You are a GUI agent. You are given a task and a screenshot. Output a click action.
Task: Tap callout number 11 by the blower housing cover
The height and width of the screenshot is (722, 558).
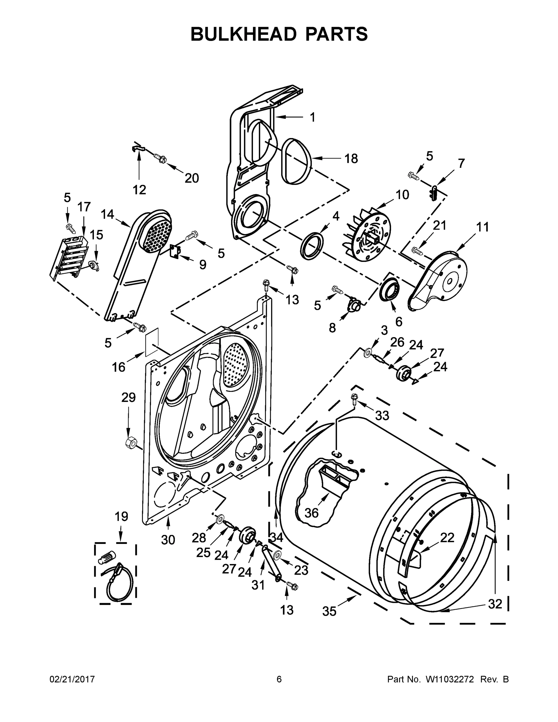pyautogui.click(x=482, y=227)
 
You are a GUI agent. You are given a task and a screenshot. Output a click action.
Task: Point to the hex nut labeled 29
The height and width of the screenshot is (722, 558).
pyautogui.click(x=130, y=442)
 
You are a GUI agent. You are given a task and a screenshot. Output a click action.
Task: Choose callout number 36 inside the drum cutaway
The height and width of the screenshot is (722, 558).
pyautogui.click(x=311, y=513)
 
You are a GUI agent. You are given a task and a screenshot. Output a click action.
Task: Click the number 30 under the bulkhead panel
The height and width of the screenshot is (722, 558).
pyautogui.click(x=168, y=540)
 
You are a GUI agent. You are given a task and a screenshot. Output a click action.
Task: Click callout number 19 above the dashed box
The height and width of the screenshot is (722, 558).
pyautogui.click(x=121, y=516)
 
